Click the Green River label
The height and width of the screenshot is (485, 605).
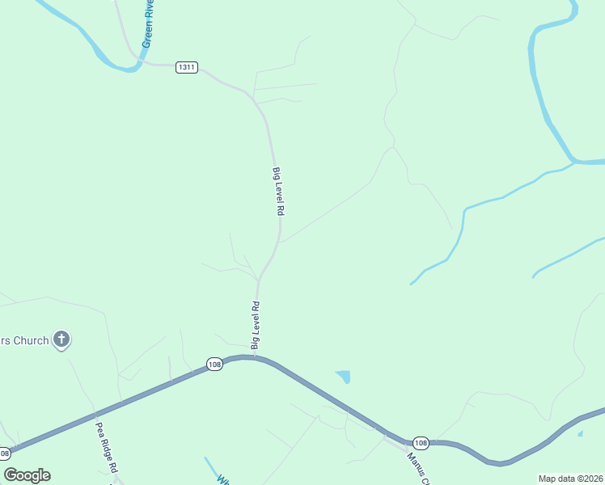[148, 25]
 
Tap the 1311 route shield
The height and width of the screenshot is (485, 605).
[186, 67]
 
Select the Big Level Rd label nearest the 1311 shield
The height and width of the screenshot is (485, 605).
[278, 191]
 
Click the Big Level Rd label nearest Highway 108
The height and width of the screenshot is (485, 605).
[256, 325]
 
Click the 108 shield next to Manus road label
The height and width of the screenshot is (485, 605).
[421, 443]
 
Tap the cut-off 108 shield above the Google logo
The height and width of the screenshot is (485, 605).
[5, 453]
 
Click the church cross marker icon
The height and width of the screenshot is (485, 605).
[61, 339]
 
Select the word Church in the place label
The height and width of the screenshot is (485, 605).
[32, 340]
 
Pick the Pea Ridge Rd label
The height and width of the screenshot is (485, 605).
[107, 447]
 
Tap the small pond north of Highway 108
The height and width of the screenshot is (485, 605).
[344, 376]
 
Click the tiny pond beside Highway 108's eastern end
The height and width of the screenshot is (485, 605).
[580, 434]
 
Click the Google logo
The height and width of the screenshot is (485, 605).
[27, 475]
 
